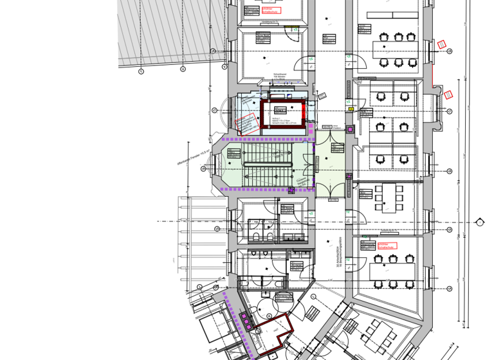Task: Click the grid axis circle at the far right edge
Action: click(x=479, y=222)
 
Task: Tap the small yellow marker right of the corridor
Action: click(x=351, y=109)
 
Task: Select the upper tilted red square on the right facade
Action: click(x=441, y=44)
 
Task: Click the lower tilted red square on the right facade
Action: click(x=449, y=94)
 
